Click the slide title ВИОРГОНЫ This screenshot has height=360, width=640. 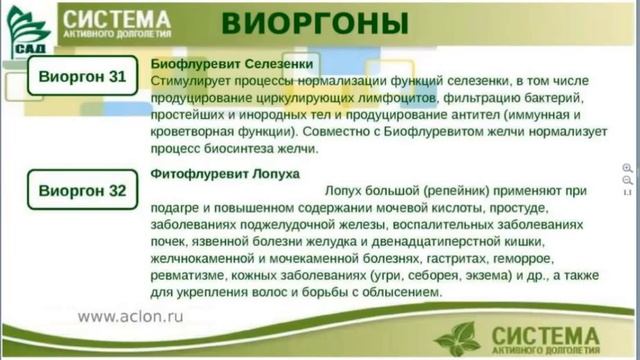[314, 23]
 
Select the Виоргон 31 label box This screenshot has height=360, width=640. [82, 76]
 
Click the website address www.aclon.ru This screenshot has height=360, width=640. [130, 316]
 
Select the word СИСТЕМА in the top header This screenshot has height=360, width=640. [114, 17]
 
